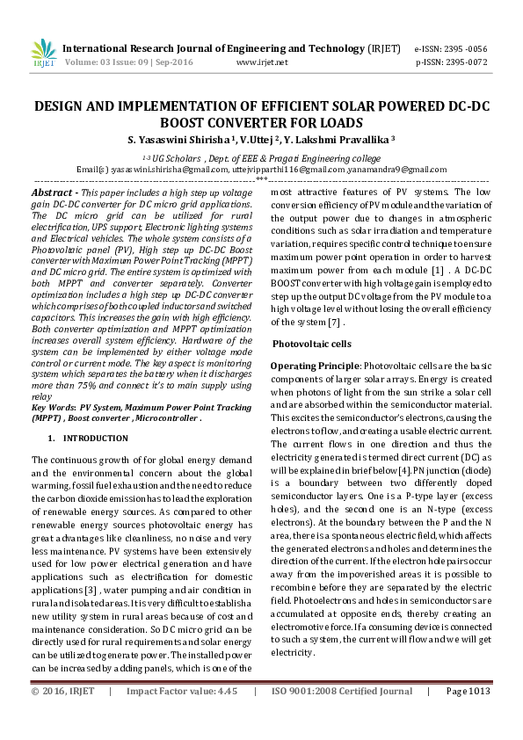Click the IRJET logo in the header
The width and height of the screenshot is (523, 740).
(x=43, y=54)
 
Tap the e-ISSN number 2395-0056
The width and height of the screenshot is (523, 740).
(x=469, y=49)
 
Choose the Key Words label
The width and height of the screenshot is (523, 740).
(x=52, y=408)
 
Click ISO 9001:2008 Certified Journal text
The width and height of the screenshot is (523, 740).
(x=340, y=716)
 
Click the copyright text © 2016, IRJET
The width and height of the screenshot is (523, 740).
(x=62, y=716)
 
